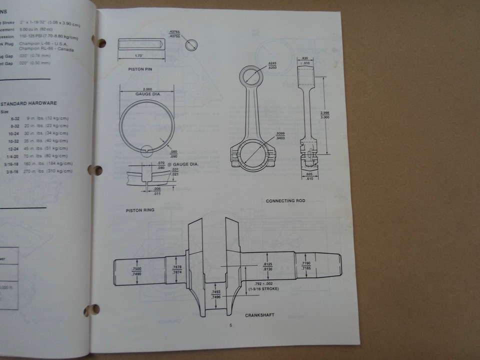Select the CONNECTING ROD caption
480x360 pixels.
[x=285, y=200]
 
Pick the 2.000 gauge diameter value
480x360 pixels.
[x=147, y=88]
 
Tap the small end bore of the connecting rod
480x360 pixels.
[x=249, y=76]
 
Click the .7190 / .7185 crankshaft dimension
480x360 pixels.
[x=306, y=265]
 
